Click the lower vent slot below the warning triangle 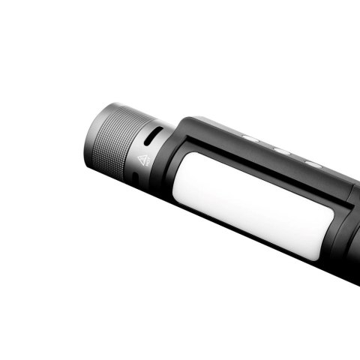135,181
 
